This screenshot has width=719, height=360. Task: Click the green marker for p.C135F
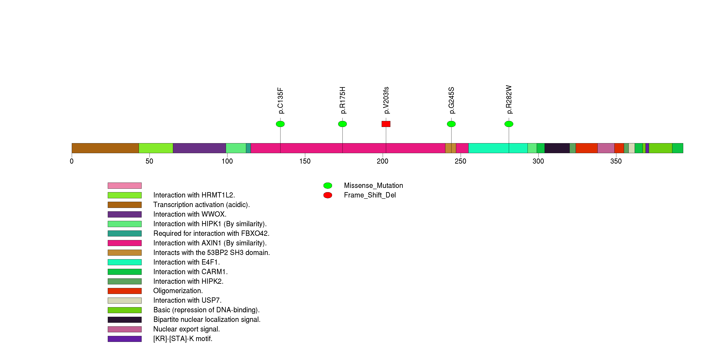[280, 124]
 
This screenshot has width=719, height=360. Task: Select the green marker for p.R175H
[342, 124]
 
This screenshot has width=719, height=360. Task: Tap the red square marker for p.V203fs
[386, 124]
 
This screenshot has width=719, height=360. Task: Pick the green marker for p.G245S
[451, 124]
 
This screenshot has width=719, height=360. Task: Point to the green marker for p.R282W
[509, 124]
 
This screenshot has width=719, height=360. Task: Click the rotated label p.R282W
[509, 100]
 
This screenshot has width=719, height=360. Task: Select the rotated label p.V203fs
[386, 100]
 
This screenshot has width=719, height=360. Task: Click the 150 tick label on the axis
[305, 161]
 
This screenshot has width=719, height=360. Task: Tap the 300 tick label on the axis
[538, 161]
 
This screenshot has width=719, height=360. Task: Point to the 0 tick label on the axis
[72, 161]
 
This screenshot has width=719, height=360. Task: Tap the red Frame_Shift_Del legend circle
[328, 195]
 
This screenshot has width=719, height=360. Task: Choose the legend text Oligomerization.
[178, 291]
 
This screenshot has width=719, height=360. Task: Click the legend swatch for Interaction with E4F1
[125, 262]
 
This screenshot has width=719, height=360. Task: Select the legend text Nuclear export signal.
[186, 329]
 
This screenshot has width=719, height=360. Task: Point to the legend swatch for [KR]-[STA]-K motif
[125, 339]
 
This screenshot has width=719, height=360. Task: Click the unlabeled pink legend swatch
[125, 186]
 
